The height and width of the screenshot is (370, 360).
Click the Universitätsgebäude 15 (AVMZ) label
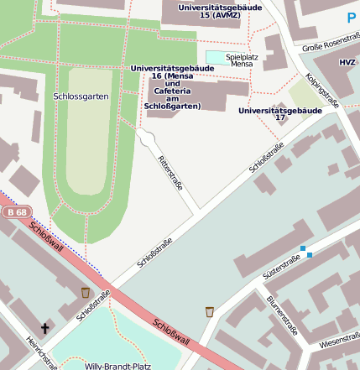pyautogui.click(x=220, y=11)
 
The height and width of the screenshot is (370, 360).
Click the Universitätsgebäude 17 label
pyautogui.click(x=280, y=114)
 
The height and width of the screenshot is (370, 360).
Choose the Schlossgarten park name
pyautogui.click(x=81, y=96)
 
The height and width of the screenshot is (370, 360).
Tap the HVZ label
pyautogui.click(x=347, y=63)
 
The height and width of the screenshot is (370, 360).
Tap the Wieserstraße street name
pyautogui.click(x=339, y=341)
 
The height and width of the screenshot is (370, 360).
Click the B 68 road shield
pyautogui.click(x=13, y=212)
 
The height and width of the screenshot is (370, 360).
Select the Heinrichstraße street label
pyautogui.click(x=41, y=352)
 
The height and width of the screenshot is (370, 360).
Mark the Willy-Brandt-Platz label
pyautogui.click(x=118, y=366)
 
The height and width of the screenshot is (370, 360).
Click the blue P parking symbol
pyautogui.click(x=351, y=17)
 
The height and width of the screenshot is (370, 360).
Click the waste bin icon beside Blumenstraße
pyautogui.click(x=209, y=312)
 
